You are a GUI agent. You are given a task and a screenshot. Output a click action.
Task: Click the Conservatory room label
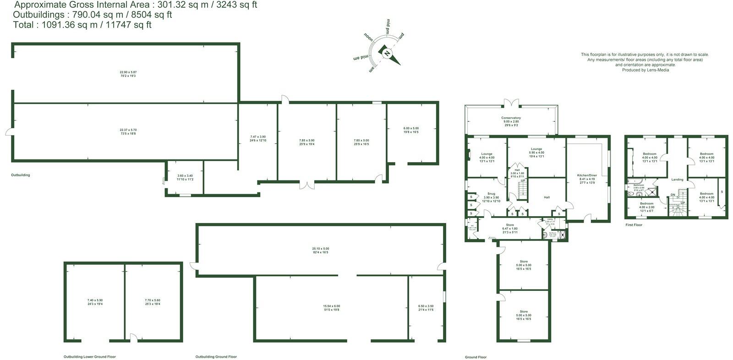pyautogui.click(x=511, y=118)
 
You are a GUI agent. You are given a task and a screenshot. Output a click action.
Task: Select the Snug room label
pyautogui.click(x=491, y=194)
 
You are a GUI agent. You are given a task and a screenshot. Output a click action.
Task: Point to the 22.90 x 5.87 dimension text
pyautogui.click(x=128, y=72)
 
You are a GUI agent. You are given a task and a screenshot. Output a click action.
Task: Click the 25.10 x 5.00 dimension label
pyautogui.click(x=321, y=249)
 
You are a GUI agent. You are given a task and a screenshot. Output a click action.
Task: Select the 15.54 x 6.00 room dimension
pyautogui.click(x=331, y=306)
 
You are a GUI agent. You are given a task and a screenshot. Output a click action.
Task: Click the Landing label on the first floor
pyautogui.click(x=677, y=180)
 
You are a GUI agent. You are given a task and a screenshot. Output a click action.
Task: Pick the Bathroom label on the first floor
pyautogui.click(x=639, y=185)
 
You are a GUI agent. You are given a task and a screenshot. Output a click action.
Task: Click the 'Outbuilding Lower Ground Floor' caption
pyautogui.click(x=89, y=357)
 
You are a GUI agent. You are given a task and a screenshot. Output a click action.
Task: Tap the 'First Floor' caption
pyautogui.click(x=634, y=225)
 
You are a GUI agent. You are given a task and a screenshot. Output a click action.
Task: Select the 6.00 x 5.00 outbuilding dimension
pyautogui.click(x=410, y=128)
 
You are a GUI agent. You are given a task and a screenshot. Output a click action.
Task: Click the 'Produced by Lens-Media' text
pyautogui.click(x=645, y=70)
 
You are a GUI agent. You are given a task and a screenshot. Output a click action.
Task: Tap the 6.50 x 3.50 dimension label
pyautogui.click(x=426, y=306)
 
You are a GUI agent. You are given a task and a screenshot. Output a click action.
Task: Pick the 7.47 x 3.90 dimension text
pyautogui.click(x=258, y=136)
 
